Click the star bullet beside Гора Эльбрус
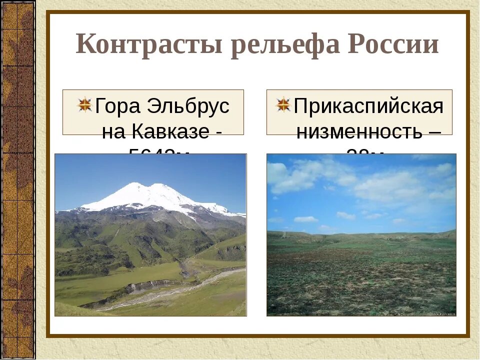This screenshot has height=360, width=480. click(x=85, y=104)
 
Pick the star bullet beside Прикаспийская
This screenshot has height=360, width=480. click(x=283, y=104)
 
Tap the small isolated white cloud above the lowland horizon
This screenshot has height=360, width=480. click(x=305, y=219)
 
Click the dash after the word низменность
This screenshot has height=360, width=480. click(x=434, y=132)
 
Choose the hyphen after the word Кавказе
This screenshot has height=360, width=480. click(x=218, y=132)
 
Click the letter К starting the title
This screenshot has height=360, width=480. click(x=86, y=45)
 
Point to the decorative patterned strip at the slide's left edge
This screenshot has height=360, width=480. click(x=17, y=180)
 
